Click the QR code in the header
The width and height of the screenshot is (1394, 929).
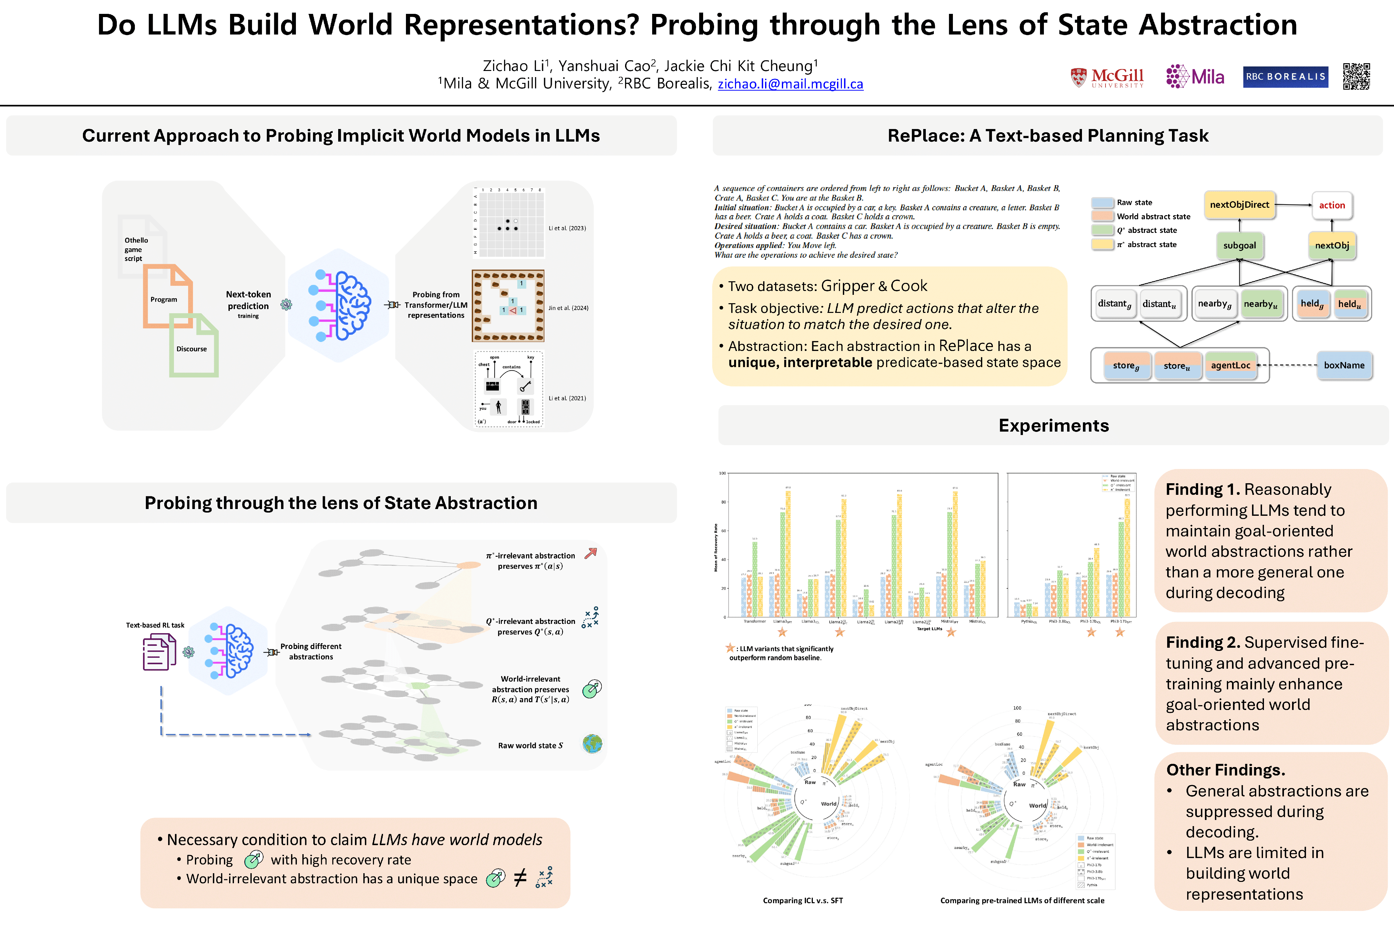(x=1356, y=76)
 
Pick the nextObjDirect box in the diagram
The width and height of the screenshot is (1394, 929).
(x=1239, y=205)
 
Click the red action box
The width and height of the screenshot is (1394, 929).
(x=1332, y=205)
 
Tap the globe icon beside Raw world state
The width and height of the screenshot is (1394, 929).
(x=592, y=744)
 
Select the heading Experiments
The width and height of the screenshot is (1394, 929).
(x=1053, y=425)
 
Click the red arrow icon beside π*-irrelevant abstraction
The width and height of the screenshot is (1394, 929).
(x=590, y=554)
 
